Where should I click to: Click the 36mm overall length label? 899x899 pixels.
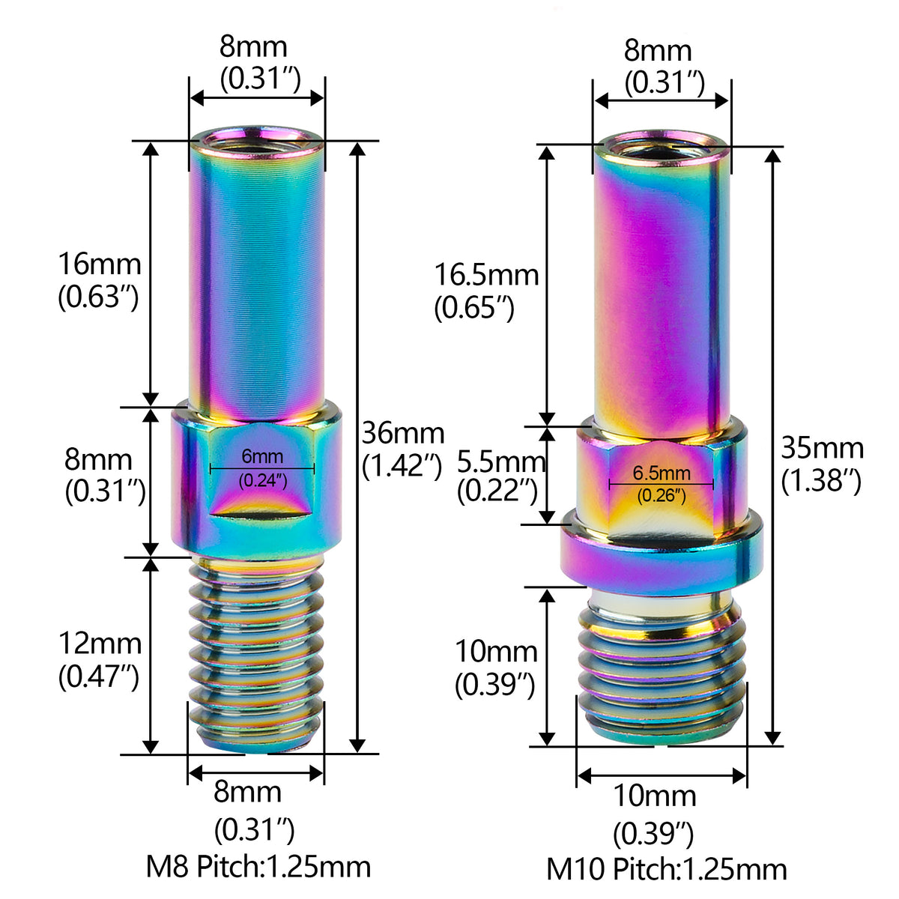pos(403,434)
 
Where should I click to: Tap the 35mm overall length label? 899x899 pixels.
pos(823,448)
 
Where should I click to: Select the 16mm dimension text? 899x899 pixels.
pos(100,264)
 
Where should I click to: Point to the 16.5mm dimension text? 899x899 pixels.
pos(487,275)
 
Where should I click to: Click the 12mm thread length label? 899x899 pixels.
pos(100,644)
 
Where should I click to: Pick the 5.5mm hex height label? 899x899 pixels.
pos(501,462)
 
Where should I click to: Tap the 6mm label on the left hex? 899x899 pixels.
pos(262,456)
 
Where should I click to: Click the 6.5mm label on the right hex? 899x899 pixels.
pos(662,473)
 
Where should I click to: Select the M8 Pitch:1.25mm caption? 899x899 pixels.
pos(258,866)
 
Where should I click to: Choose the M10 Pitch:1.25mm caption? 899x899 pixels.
pos(667,869)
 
